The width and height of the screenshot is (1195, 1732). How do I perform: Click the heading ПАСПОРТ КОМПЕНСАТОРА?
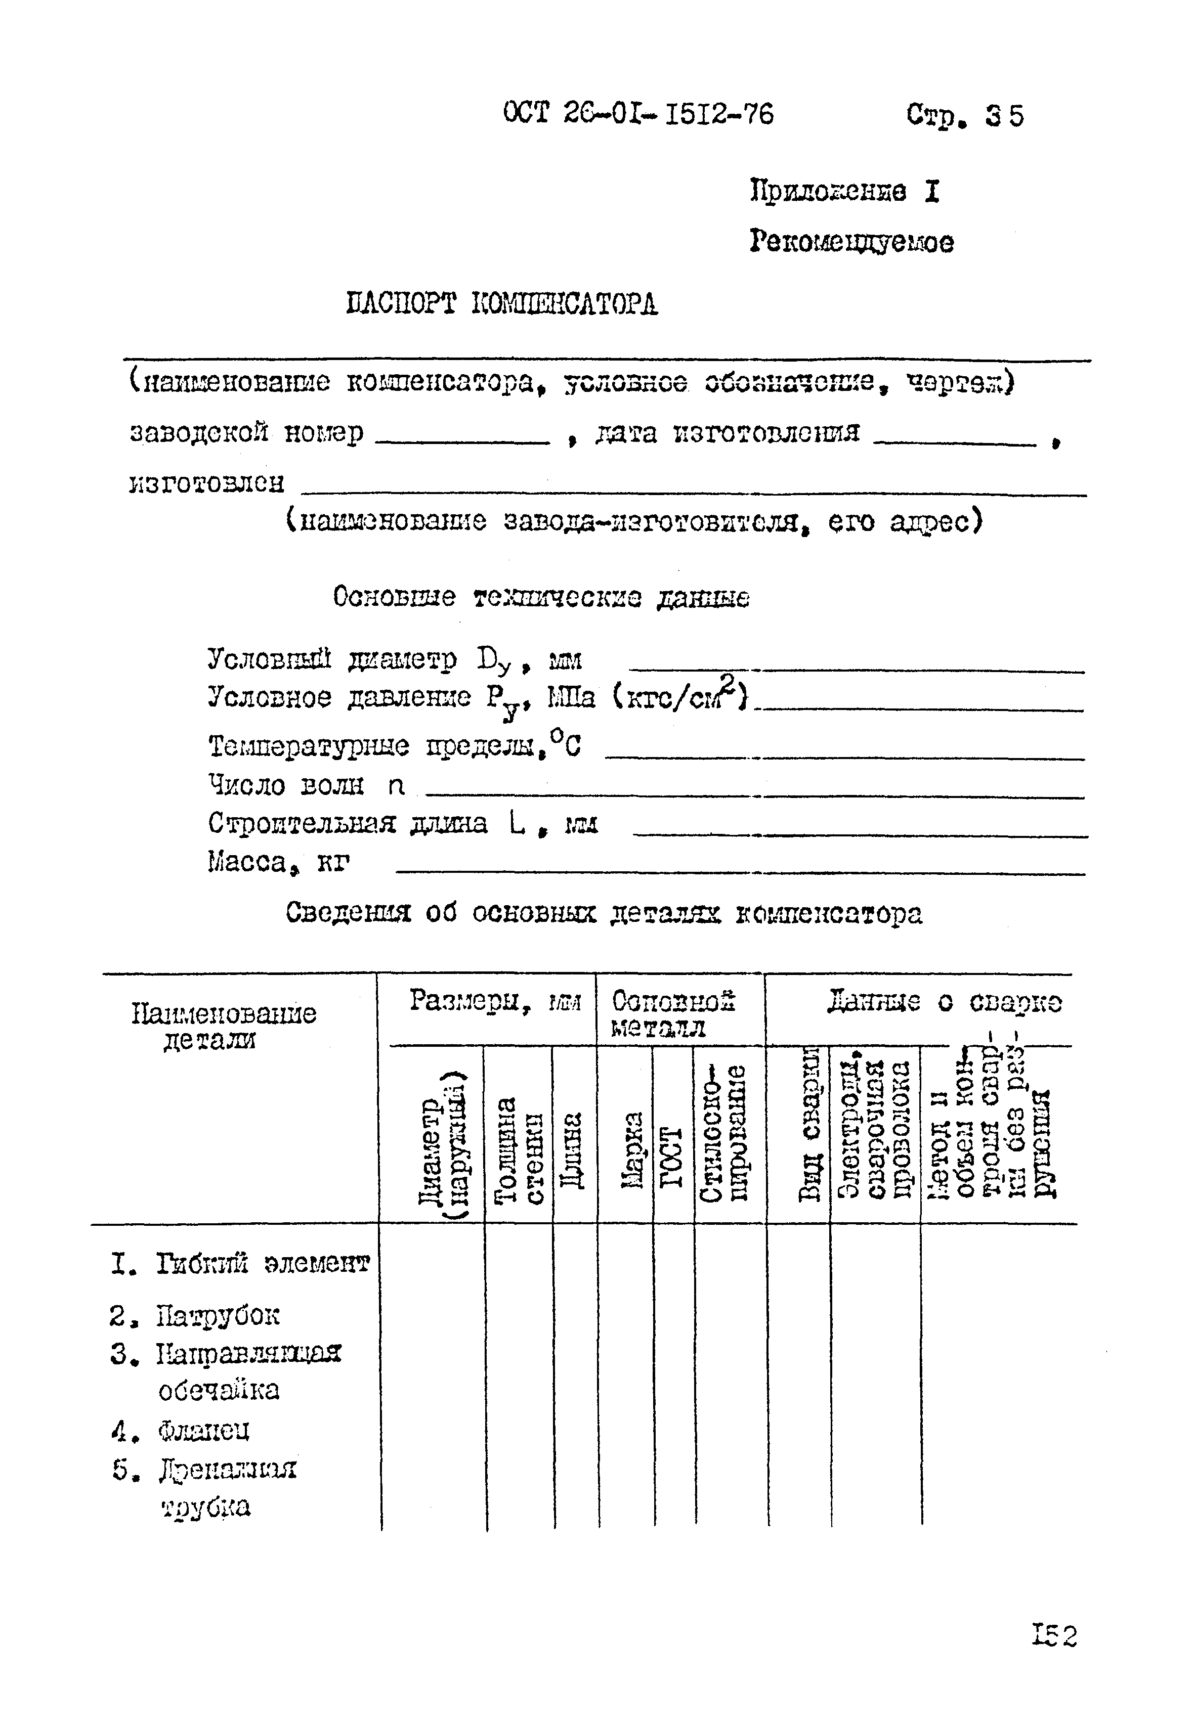[502, 304]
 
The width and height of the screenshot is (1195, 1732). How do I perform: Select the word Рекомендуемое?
[851, 242]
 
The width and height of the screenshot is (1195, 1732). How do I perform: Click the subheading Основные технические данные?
[541, 597]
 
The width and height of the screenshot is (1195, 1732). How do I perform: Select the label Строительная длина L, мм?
[402, 824]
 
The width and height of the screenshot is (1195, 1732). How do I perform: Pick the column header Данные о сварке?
[944, 1001]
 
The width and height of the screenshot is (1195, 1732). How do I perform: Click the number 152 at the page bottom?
[1053, 1635]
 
